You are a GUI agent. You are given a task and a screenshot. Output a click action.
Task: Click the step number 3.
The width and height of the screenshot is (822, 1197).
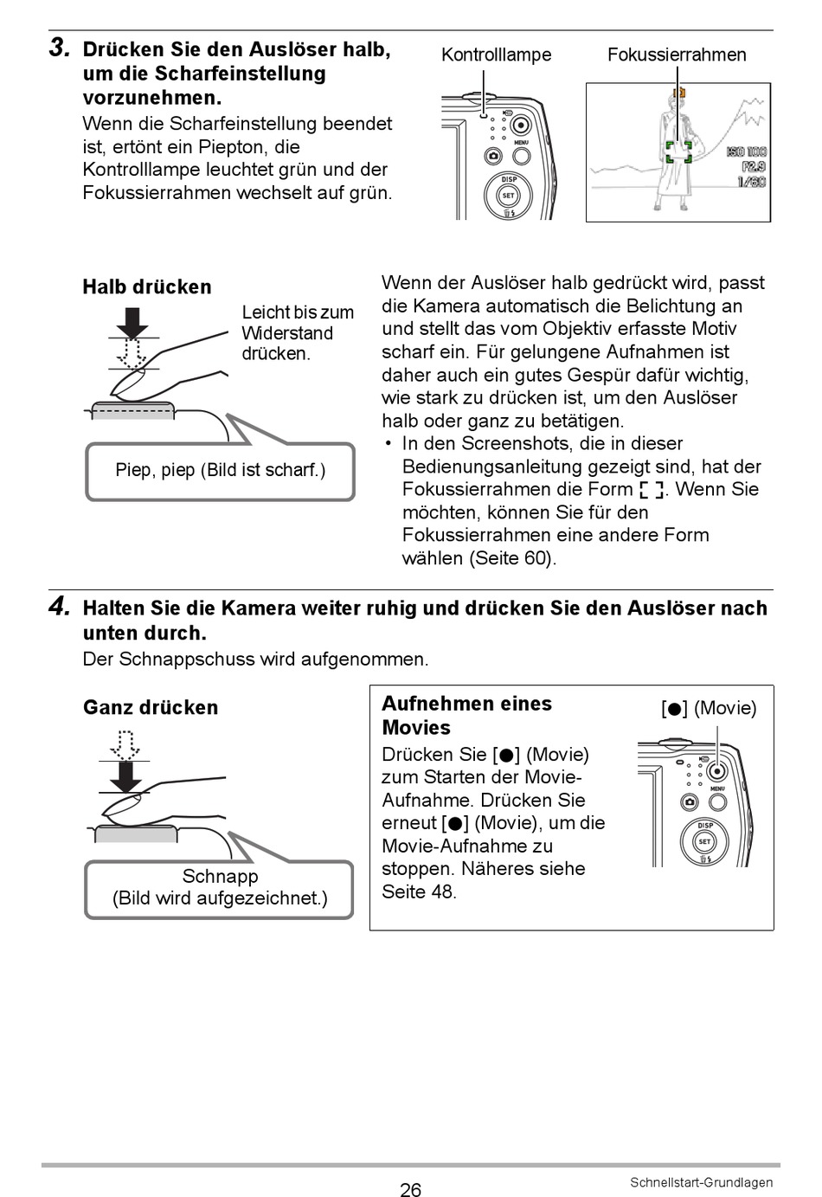(x=59, y=48)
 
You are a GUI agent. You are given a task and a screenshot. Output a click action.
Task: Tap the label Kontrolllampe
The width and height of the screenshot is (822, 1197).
(x=496, y=55)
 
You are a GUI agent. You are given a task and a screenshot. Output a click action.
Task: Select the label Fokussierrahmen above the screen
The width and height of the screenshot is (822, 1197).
(x=676, y=55)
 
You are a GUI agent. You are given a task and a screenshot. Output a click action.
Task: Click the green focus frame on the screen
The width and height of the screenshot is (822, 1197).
(x=678, y=153)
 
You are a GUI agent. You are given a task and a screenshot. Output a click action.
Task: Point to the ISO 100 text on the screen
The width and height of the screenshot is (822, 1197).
(x=747, y=152)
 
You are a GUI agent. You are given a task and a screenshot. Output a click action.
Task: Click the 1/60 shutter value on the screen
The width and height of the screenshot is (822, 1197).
(x=751, y=182)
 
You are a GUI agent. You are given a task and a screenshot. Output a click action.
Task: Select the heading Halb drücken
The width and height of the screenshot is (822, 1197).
(x=147, y=286)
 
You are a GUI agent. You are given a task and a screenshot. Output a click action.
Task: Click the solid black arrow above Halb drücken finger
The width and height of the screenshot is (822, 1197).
(x=132, y=323)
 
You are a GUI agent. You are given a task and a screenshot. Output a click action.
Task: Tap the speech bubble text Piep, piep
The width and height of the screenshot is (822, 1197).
(x=220, y=470)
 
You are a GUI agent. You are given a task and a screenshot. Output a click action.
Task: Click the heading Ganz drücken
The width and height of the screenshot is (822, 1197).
(x=151, y=707)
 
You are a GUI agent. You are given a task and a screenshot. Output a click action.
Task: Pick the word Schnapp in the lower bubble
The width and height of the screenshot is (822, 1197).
(x=220, y=876)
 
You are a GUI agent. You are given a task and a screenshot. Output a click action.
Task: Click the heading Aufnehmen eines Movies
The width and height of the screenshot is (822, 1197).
(x=466, y=715)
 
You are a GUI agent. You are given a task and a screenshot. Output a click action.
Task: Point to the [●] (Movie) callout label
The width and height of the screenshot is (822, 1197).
(x=709, y=708)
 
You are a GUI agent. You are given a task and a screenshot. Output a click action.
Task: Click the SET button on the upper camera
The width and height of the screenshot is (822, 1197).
(x=509, y=195)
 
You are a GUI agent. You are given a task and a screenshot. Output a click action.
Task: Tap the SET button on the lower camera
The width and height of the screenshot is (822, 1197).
(x=704, y=841)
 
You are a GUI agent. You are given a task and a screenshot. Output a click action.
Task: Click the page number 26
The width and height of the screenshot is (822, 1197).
(x=410, y=1189)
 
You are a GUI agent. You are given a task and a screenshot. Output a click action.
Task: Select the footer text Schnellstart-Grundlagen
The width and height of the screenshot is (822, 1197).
(x=701, y=1182)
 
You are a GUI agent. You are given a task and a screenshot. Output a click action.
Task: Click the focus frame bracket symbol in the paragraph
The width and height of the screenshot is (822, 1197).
(x=652, y=490)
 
